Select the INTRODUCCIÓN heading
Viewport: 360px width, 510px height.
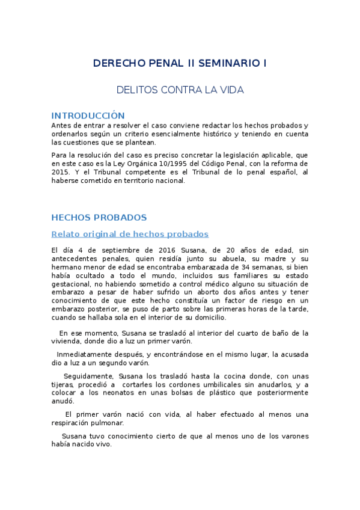(88, 115)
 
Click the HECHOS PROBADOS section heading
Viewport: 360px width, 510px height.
(99, 217)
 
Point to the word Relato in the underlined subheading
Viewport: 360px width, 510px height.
(66, 234)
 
